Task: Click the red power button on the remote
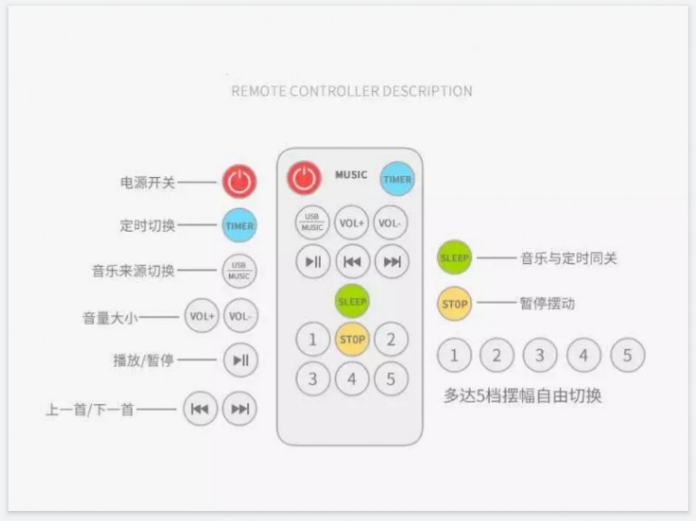tap(304, 178)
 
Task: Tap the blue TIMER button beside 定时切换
tap(239, 226)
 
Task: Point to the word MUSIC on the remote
tap(351, 175)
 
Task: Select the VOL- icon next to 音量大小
tap(240, 316)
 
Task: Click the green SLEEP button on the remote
tap(352, 302)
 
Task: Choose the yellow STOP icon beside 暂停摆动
tap(454, 304)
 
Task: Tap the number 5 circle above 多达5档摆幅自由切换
tap(627, 356)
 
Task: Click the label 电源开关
tap(148, 182)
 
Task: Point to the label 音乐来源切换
tap(133, 270)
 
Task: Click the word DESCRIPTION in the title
tap(427, 91)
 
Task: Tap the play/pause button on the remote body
tap(313, 262)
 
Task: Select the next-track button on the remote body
tap(392, 262)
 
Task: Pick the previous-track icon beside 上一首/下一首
tap(200, 408)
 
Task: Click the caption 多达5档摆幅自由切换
tap(523, 396)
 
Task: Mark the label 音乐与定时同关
tap(569, 258)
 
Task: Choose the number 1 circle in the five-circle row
tap(454, 356)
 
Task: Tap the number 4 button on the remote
tap(352, 379)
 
